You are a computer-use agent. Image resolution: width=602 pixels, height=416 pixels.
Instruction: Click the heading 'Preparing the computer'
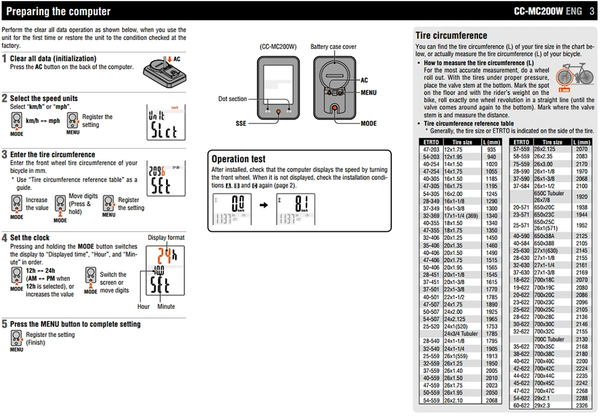pos(58,11)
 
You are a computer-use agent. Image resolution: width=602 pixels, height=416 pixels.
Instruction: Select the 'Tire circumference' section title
pos(451,36)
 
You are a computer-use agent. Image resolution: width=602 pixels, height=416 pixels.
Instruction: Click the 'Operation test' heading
pos(238,159)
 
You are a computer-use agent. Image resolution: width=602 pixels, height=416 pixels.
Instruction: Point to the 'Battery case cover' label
pos(333,47)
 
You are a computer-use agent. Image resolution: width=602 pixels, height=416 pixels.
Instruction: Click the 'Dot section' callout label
pos(232,99)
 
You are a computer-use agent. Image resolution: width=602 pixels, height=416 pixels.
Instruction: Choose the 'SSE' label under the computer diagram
pos(241,123)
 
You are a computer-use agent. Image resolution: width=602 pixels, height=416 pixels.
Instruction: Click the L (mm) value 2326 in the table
pos(582,405)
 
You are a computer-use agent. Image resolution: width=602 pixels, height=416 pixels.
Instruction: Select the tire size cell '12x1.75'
pos(453,149)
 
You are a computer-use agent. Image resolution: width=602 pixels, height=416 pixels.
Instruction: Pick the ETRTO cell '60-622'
pos(521,405)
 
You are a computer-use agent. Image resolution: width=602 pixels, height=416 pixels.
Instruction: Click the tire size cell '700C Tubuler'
pos(549,340)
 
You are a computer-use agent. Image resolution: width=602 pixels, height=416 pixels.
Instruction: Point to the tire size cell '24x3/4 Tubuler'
pos(461,334)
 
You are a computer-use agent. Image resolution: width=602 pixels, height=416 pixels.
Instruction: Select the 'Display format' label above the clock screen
pos(166,238)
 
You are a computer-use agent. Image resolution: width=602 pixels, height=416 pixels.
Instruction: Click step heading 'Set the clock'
pos(29,238)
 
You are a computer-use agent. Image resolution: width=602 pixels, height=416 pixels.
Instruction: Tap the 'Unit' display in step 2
pos(164,122)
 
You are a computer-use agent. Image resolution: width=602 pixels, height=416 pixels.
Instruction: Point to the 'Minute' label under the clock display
pos(166,306)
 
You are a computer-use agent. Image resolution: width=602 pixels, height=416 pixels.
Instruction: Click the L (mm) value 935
pos(491,149)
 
